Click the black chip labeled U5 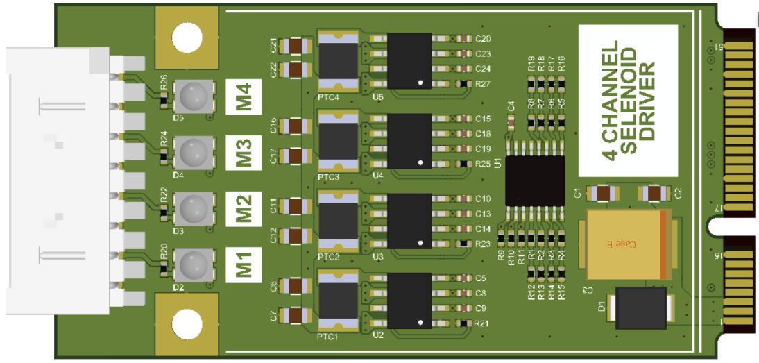click(409, 62)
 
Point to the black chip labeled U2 click(409, 301)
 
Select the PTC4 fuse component click(338, 61)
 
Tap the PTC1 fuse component click(338, 301)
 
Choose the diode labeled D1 click(642, 307)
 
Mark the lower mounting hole click(186, 323)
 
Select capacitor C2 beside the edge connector click(654, 192)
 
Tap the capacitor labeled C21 click(296, 47)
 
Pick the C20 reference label click(484, 38)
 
